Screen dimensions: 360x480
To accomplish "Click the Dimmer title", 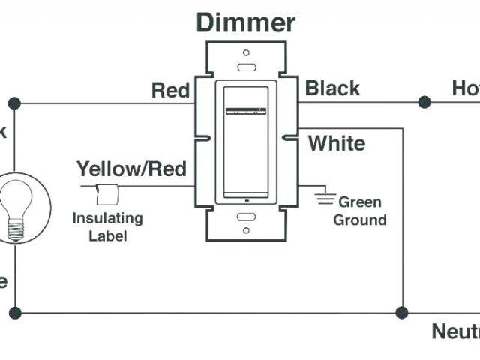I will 246,22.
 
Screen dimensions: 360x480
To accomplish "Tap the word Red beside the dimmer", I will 170,91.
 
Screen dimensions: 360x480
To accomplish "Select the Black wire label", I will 332,88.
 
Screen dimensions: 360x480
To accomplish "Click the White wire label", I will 337,142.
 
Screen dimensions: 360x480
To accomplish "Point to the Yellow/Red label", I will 131,169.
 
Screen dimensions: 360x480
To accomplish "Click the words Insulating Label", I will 107,226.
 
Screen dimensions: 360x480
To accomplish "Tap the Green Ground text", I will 360,211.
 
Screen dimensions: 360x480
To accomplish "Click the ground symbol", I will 325,199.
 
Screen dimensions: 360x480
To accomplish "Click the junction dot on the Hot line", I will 424,101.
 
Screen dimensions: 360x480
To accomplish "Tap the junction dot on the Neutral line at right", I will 403,311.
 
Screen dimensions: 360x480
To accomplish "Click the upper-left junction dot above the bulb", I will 14,103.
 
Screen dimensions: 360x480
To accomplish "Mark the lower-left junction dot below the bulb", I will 14,311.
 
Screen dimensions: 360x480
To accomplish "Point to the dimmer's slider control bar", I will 246,113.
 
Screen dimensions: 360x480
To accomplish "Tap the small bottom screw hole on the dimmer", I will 246,230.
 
